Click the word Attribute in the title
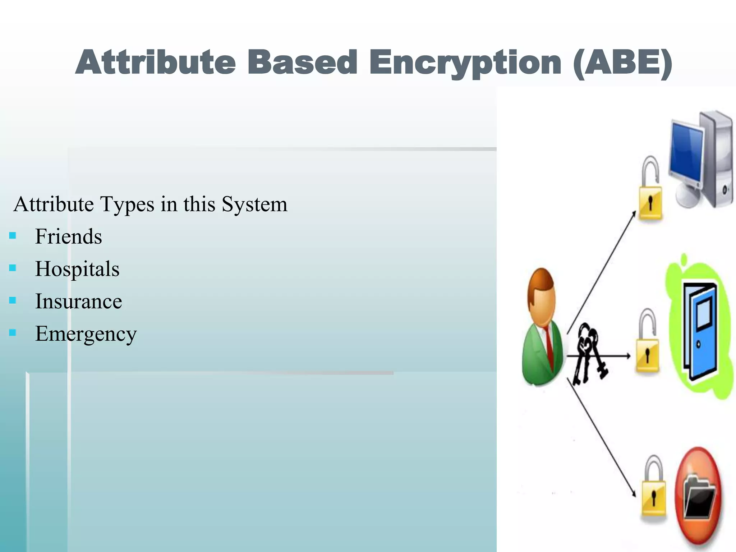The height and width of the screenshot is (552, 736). click(155, 63)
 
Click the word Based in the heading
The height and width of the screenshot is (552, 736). click(302, 63)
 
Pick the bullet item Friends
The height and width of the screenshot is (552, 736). click(68, 236)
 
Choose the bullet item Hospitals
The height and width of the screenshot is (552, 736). click(77, 269)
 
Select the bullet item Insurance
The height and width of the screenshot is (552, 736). click(78, 301)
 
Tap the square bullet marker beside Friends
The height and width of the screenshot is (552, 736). click(13, 236)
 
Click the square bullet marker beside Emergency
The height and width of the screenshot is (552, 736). click(13, 332)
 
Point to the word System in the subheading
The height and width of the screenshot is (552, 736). click(254, 204)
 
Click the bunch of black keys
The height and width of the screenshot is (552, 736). click(589, 354)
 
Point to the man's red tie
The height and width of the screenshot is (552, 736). click(549, 345)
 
